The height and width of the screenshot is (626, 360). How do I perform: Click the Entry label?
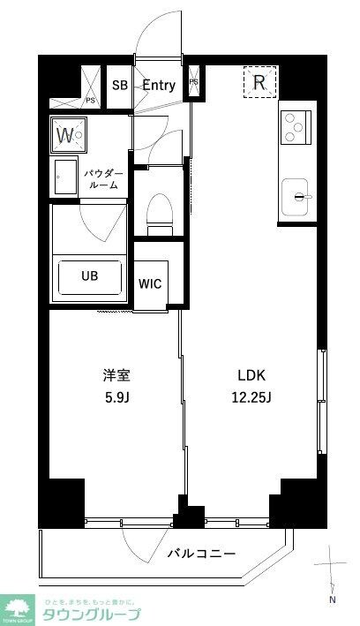[x=159, y=86]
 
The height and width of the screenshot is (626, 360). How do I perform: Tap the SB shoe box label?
[x=119, y=86]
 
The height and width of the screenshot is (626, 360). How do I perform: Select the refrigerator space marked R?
[x=260, y=82]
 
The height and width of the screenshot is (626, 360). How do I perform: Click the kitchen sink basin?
[x=297, y=192]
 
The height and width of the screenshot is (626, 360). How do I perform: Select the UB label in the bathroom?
[x=90, y=275]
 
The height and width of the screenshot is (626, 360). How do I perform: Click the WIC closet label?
[x=149, y=284]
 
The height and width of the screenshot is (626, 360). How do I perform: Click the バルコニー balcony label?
[x=201, y=554]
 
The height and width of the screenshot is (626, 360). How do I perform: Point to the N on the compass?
[x=333, y=600]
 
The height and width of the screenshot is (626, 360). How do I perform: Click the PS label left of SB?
[x=90, y=101]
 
